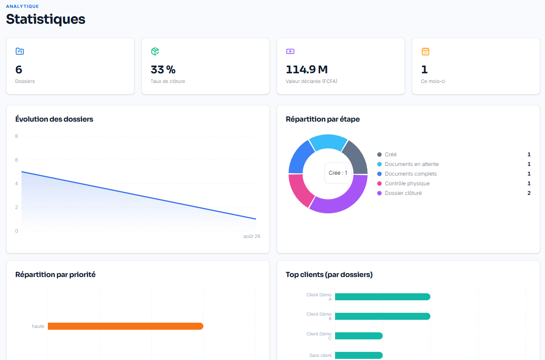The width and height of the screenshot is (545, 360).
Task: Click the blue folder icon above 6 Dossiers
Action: pos(20,51)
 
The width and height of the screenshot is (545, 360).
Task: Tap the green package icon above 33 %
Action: pos(155,51)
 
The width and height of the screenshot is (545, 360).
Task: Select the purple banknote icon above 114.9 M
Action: pos(290,51)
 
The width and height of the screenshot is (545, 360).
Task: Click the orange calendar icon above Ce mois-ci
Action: pos(425,51)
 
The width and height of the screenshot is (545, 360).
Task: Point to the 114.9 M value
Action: pos(307,69)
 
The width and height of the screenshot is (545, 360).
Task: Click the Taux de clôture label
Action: pos(168,81)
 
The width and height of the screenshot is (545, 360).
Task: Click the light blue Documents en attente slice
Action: pos(328,141)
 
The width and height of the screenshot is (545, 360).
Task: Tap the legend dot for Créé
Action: pos(379,155)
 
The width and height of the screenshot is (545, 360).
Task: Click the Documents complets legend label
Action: pos(411,174)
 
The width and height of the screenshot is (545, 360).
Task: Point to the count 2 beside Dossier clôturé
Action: pos(529,193)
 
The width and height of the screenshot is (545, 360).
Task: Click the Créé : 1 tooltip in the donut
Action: pos(338,173)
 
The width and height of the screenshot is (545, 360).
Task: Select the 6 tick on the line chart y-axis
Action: pos(17,160)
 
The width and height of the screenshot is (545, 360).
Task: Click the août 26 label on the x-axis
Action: pos(252,236)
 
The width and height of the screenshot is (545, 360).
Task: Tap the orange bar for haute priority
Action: pos(126,326)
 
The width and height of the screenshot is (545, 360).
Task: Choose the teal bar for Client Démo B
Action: pos(383,316)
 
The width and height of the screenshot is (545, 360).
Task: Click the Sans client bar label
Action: pos(320,355)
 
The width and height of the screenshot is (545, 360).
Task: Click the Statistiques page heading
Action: pos(46,19)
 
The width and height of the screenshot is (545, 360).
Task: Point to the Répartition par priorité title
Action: pos(55,274)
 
